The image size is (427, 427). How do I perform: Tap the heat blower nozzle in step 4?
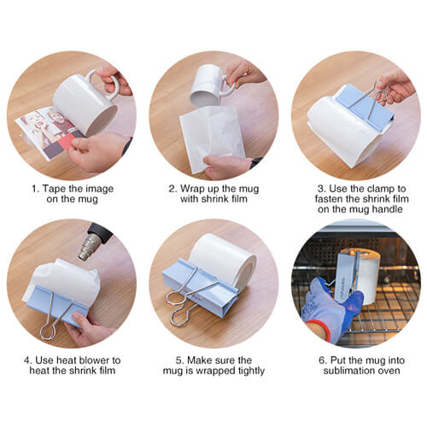(x=89, y=248)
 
